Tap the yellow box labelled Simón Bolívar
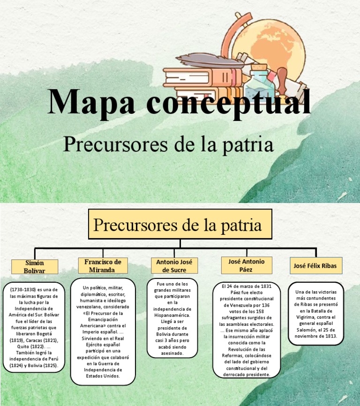pyautogui.click(x=35, y=267)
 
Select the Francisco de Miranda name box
pyautogui.click(x=103, y=266)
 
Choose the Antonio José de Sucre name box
pyautogui.click(x=174, y=266)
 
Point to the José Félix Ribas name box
pyautogui.click(x=315, y=266)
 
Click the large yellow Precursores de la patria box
pyautogui.click(x=180, y=225)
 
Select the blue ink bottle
pyautogui.click(x=258, y=80)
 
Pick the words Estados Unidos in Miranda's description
pyautogui.click(x=103, y=376)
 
